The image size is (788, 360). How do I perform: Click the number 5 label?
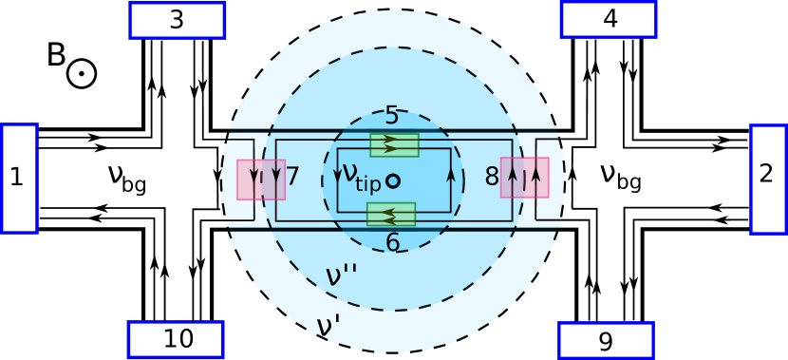coord(392,116)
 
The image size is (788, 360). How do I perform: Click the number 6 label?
coord(392,243)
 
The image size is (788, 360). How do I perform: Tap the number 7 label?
coord(292,177)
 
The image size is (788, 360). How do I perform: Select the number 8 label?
coord(492,177)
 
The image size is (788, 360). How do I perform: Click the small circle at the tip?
coord(393,180)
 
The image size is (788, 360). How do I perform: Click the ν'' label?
coord(341,275)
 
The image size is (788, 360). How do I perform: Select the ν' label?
coord(328,327)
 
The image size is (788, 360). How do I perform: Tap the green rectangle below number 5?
coord(394,144)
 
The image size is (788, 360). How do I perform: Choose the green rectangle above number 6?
coord(391,215)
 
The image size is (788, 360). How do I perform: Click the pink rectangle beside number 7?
coord(261,180)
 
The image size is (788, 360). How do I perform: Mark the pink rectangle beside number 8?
coord(525,178)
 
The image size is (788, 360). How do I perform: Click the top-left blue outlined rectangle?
coord(177,20)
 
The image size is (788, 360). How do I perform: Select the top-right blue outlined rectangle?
coord(609,19)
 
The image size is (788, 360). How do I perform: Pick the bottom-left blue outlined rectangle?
coord(176,339)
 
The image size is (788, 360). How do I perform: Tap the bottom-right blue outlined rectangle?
coord(606,340)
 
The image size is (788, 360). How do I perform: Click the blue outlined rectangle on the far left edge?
coord(19,179)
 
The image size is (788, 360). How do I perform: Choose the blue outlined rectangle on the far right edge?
coord(768,179)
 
